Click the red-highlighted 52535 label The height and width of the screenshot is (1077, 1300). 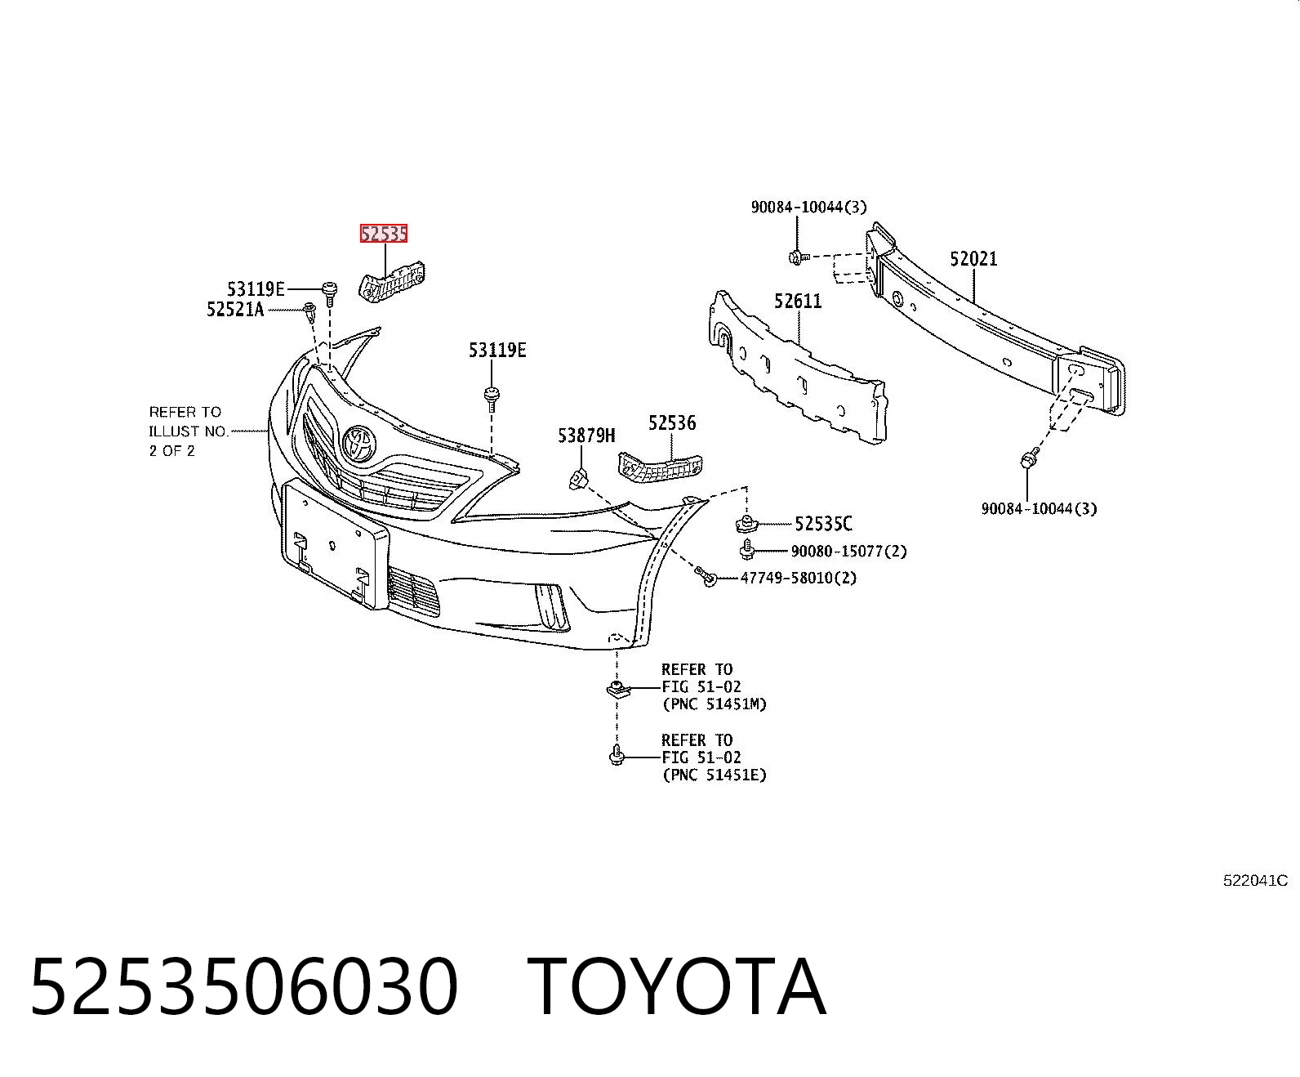(x=384, y=234)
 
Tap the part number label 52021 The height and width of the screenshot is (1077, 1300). (x=973, y=258)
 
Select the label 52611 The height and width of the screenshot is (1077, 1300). (x=798, y=301)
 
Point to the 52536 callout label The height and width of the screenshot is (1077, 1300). (x=672, y=422)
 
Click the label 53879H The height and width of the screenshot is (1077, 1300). (x=585, y=435)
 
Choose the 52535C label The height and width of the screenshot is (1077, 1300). (x=823, y=524)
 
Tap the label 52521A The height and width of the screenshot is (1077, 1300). (x=235, y=309)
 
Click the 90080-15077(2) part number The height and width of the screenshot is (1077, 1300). (x=848, y=551)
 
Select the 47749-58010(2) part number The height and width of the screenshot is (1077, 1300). (x=798, y=578)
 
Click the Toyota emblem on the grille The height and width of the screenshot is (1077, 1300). (x=360, y=444)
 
